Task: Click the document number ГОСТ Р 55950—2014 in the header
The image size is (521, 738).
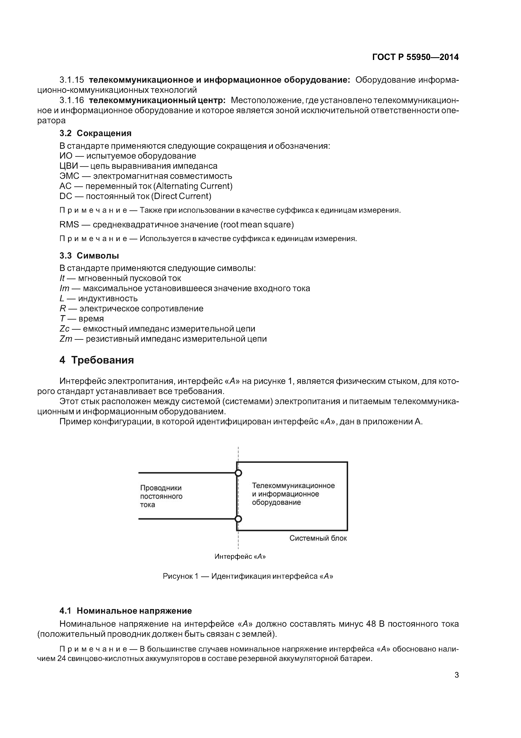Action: pyautogui.click(x=415, y=57)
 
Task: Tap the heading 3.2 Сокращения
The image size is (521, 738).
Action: pyautogui.click(x=95, y=133)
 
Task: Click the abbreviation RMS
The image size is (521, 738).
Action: pyautogui.click(x=69, y=224)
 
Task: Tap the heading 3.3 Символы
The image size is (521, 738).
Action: pyautogui.click(x=89, y=256)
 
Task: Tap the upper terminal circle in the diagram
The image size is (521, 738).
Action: pyautogui.click(x=238, y=473)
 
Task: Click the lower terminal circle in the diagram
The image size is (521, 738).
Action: pyautogui.click(x=238, y=519)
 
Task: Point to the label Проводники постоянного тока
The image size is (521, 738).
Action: pyautogui.click(x=161, y=496)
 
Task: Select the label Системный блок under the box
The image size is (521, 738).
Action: pyautogui.click(x=318, y=538)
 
